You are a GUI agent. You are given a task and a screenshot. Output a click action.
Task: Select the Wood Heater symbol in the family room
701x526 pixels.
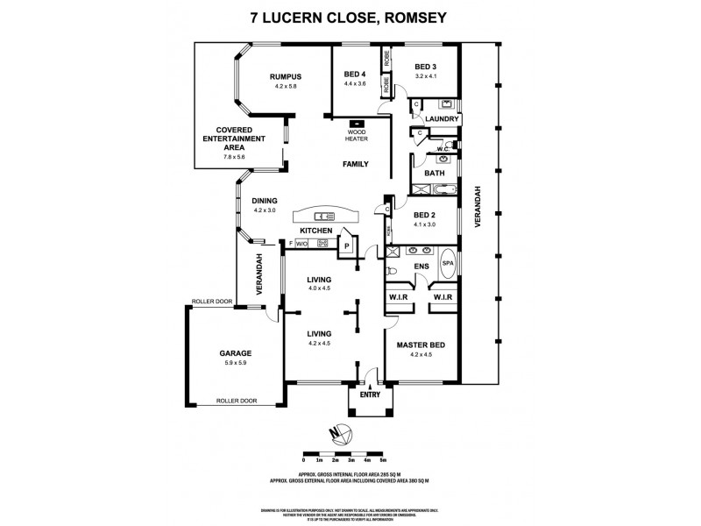[x=357, y=124]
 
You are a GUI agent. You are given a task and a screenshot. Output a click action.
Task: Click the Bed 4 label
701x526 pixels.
[x=354, y=74]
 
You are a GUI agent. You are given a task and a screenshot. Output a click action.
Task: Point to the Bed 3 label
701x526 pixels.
[x=426, y=67]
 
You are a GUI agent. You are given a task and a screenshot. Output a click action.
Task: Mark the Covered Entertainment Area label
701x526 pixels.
[x=234, y=139]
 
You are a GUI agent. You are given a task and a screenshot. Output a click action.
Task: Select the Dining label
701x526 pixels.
[x=265, y=200]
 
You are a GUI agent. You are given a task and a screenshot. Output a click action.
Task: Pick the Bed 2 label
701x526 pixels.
[x=425, y=215]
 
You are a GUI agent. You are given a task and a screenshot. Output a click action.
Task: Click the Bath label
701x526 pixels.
[x=434, y=174]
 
